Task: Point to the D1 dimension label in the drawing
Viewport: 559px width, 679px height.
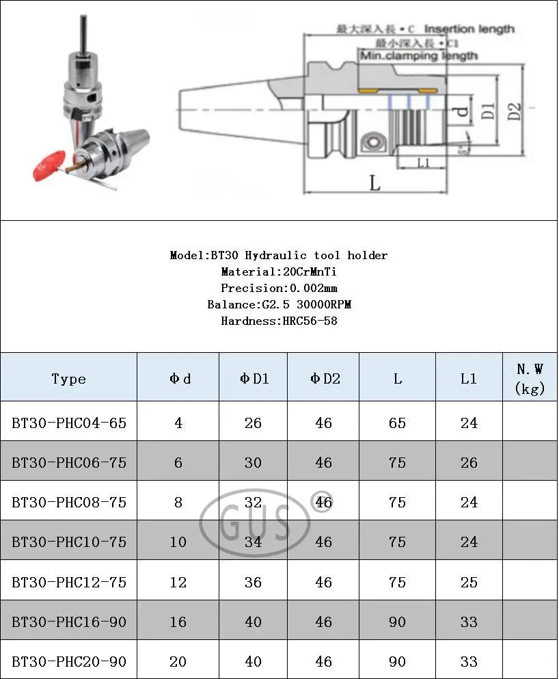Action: click(487, 111)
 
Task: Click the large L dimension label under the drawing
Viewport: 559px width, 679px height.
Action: click(374, 183)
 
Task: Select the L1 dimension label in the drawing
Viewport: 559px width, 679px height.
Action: click(422, 163)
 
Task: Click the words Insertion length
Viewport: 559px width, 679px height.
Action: click(469, 29)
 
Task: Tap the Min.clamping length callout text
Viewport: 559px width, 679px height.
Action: click(418, 55)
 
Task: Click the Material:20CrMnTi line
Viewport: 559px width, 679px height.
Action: click(278, 272)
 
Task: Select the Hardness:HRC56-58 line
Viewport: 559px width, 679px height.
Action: click(279, 321)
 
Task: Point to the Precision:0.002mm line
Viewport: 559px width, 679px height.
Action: click(279, 289)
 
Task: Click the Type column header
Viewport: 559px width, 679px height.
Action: click(68, 379)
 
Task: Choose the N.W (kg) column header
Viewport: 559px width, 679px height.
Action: click(530, 379)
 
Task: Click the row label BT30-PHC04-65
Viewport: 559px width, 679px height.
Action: click(68, 423)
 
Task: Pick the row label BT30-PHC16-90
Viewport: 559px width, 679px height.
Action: click(68, 622)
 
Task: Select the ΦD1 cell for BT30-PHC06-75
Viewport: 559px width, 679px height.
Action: click(253, 463)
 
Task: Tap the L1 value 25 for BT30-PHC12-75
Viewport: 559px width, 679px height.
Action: click(468, 582)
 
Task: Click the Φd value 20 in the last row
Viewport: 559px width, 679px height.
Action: click(178, 661)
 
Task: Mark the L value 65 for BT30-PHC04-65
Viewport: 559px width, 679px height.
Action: click(397, 423)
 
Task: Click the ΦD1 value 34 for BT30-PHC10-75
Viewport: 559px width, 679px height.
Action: click(253, 542)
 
